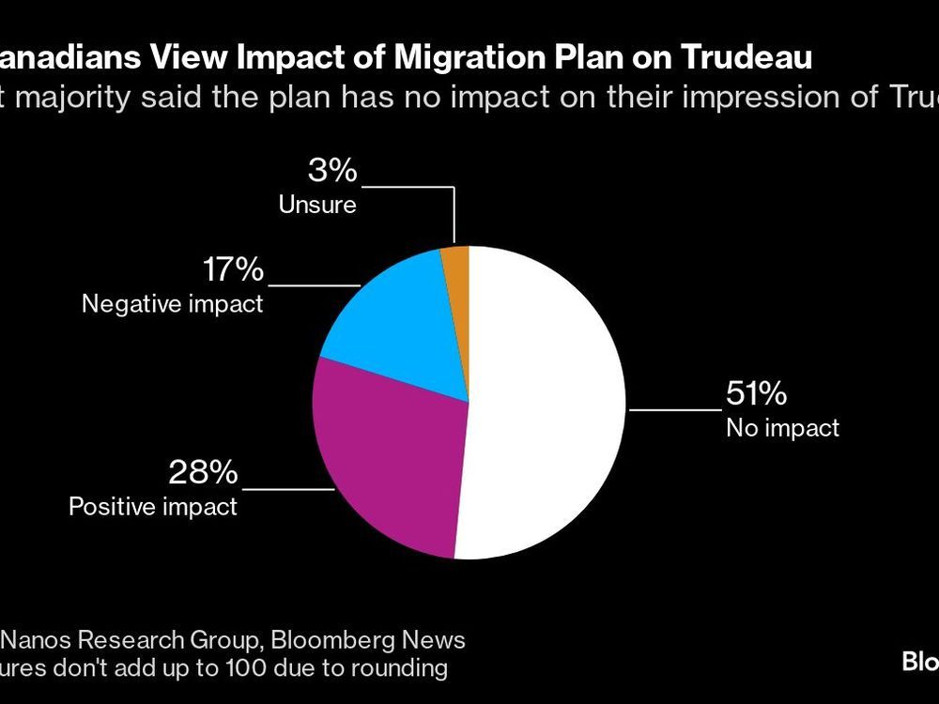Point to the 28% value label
click(203, 472)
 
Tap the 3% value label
click(332, 171)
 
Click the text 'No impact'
click(782, 429)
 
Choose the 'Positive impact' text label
click(153, 507)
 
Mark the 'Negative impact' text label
click(172, 304)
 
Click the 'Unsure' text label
click(317, 205)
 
